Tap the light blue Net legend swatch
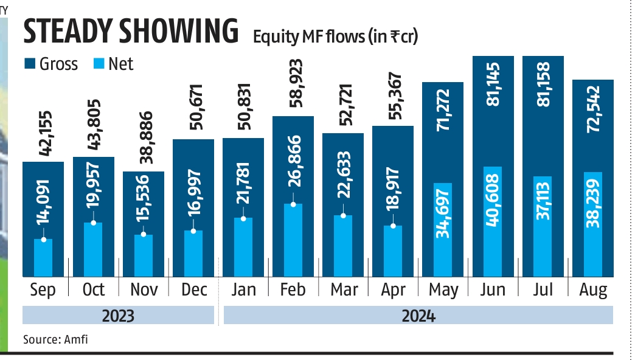click(98, 63)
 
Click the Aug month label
click(593, 290)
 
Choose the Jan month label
click(243, 290)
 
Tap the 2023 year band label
click(117, 316)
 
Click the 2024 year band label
click(418, 316)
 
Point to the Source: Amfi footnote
click(55, 339)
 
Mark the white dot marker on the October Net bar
click(93, 223)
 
